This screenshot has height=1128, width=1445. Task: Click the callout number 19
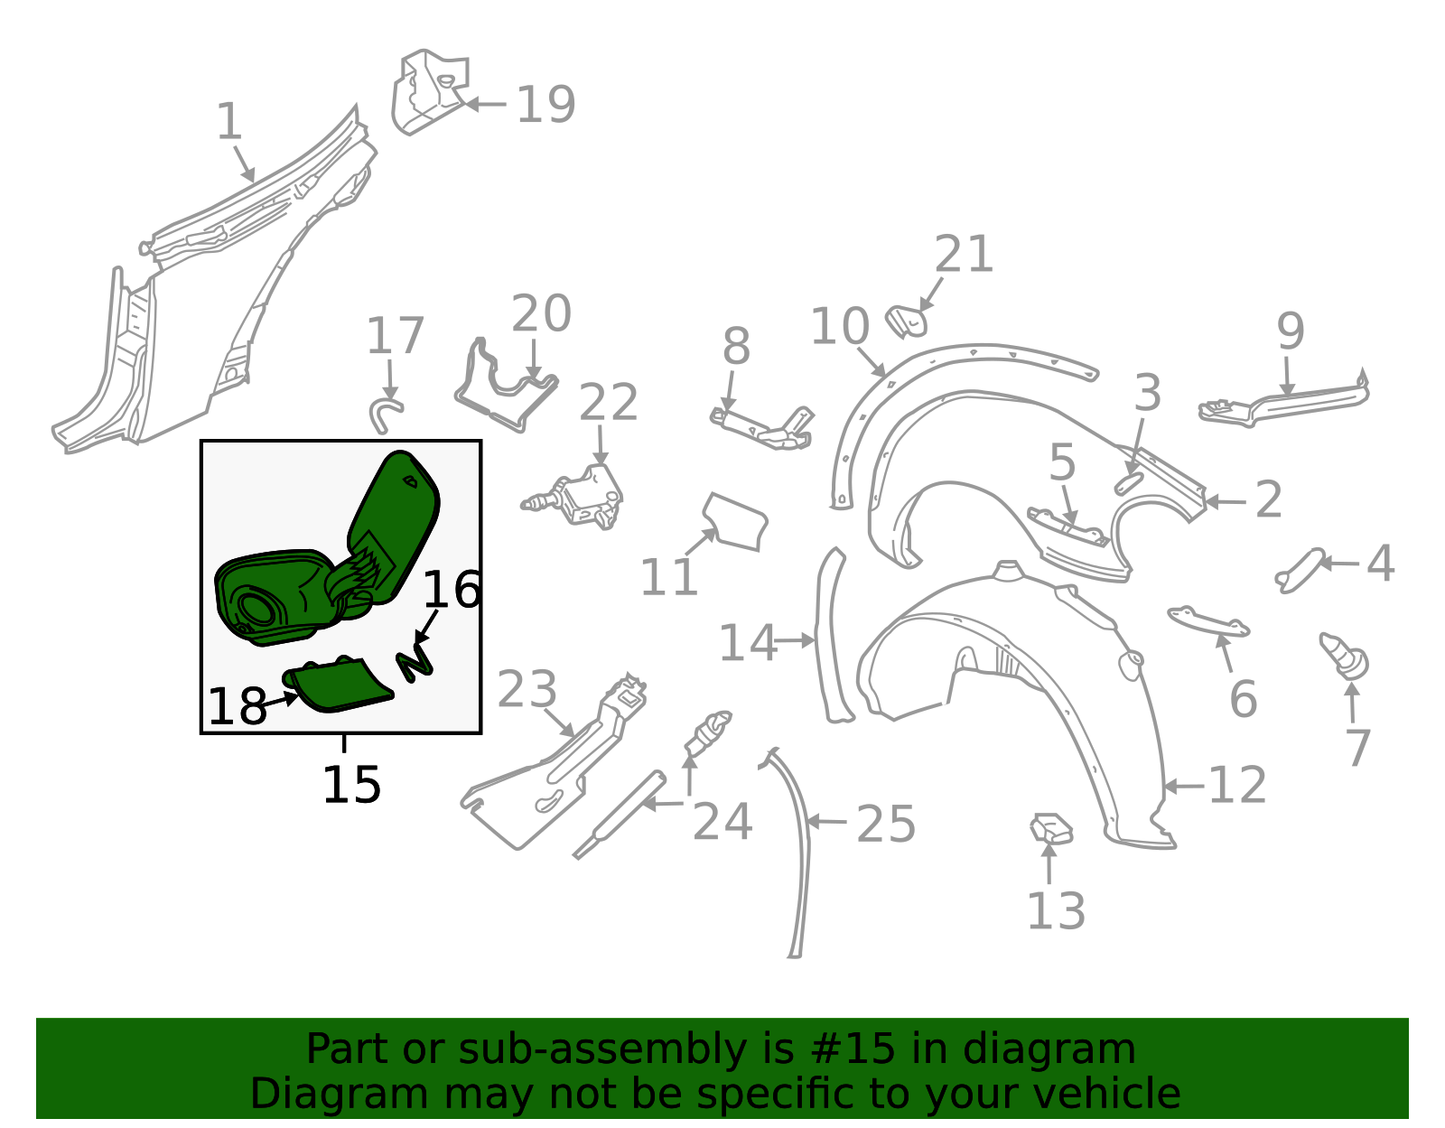pos(545,105)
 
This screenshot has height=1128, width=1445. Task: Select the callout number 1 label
pos(229,121)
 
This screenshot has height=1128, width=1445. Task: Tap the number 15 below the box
pos(352,785)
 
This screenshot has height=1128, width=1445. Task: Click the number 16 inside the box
pos(452,590)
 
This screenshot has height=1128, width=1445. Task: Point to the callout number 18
pos(238,706)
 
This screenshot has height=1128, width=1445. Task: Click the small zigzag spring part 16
pos(415,662)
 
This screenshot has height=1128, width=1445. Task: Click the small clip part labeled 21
pos(906,322)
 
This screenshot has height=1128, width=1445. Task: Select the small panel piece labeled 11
pos(735,522)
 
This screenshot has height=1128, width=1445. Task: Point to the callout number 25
pos(886,825)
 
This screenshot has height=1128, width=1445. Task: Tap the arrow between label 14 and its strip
pos(796,641)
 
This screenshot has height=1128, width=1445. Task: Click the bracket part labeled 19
pos(430,92)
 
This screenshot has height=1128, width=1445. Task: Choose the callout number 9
pos(1290,331)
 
